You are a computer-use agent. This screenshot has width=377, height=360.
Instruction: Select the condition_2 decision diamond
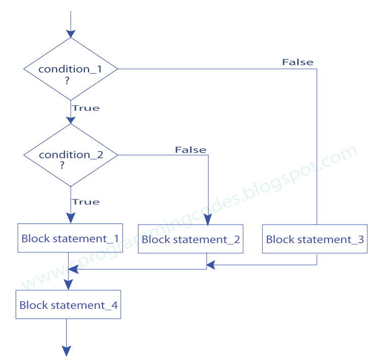(70, 155)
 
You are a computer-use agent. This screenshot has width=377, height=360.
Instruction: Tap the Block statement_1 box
(70, 238)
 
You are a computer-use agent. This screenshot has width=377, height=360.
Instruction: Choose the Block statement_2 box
(191, 239)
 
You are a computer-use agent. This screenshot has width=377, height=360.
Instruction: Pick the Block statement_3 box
(315, 239)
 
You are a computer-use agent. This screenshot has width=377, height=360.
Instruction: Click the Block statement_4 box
(68, 305)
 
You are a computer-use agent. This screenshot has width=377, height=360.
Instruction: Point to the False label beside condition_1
(297, 62)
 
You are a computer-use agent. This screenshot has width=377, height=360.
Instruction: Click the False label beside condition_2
(191, 150)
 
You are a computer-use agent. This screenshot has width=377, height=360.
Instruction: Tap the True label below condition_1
(85, 108)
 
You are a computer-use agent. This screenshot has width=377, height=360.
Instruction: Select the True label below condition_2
(85, 202)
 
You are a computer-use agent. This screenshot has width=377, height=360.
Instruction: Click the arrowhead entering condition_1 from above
(70, 32)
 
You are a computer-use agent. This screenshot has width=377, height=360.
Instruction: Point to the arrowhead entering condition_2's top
(70, 119)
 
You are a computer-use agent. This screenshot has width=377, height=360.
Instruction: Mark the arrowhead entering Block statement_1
(70, 218)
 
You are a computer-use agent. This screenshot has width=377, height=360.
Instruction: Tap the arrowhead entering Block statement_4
(68, 285)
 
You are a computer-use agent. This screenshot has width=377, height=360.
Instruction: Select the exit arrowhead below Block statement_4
(66, 350)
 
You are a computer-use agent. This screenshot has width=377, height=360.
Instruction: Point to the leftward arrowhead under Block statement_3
(211, 264)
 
